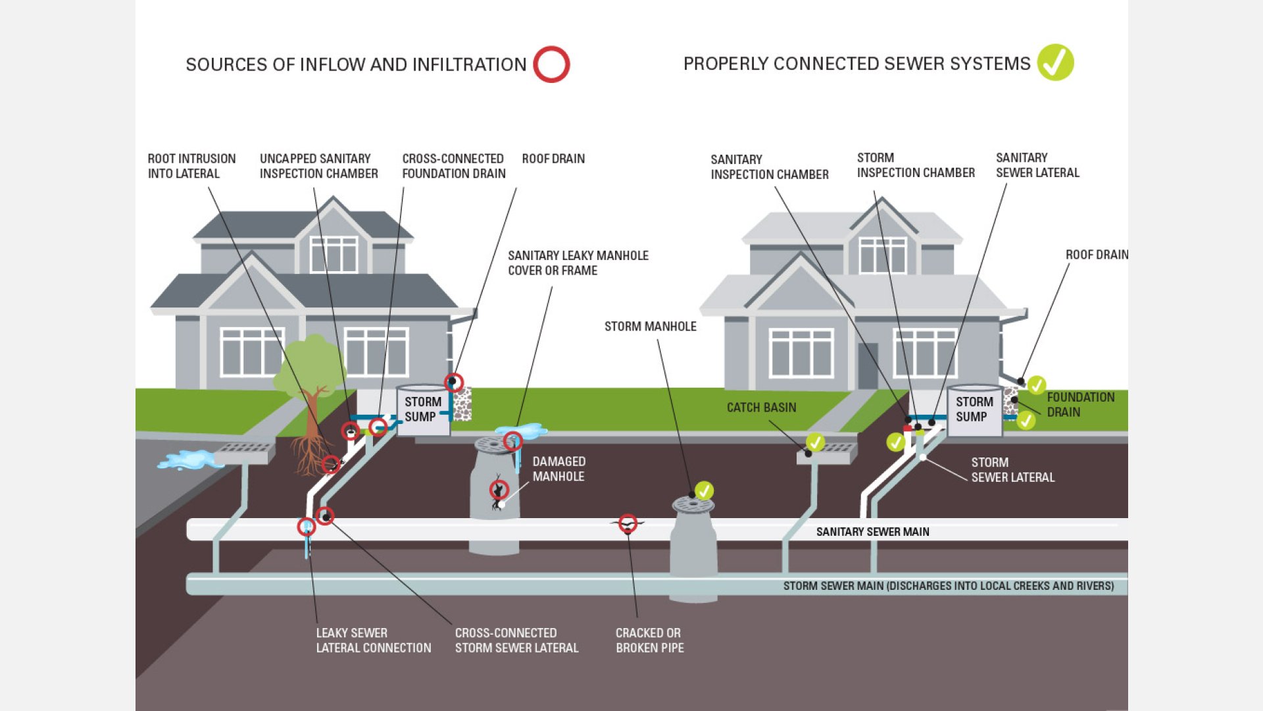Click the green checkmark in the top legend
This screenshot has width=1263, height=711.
1055,63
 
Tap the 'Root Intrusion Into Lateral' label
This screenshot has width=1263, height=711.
191,166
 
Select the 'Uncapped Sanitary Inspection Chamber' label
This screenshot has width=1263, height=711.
318,166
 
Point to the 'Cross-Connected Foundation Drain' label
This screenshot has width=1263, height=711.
454,166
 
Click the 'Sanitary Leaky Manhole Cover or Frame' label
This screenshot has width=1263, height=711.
578,263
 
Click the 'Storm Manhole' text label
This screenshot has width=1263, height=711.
650,327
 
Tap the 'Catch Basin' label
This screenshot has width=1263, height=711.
761,408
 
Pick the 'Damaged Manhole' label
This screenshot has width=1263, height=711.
558,469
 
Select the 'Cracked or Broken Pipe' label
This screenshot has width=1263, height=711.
649,640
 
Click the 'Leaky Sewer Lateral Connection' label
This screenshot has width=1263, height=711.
373,640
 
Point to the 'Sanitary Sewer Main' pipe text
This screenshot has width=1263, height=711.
872,532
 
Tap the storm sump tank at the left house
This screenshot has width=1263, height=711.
424,409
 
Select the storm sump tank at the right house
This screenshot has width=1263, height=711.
975,409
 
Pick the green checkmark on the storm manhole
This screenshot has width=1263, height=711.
704,490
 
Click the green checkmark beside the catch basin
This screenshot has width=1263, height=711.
815,442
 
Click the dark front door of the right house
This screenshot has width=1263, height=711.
868,365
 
